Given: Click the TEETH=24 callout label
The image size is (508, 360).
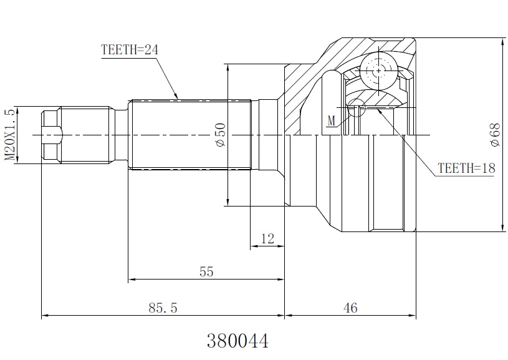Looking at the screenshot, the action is click(x=130, y=50).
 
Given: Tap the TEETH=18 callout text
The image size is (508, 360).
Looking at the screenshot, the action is click(x=466, y=168).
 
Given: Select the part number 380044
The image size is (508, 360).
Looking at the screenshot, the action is click(x=238, y=341).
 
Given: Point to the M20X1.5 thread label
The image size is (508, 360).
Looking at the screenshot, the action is click(x=10, y=135).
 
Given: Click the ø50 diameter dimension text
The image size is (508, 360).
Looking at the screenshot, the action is click(x=220, y=135).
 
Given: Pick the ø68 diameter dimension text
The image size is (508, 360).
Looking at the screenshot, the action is click(x=495, y=135).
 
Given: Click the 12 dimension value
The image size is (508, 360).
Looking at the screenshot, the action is click(x=267, y=239).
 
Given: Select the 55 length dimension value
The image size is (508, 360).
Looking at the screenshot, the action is click(x=206, y=272).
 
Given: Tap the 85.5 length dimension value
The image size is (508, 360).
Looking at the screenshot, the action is click(x=163, y=308).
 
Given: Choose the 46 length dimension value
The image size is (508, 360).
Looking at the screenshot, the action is click(x=350, y=308).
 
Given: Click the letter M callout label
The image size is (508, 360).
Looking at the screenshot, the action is click(x=331, y=121).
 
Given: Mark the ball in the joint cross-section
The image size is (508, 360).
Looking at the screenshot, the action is click(x=378, y=71).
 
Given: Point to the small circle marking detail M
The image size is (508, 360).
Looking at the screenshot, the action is click(x=356, y=107).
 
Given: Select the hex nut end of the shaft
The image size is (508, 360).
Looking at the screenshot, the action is click(x=52, y=135).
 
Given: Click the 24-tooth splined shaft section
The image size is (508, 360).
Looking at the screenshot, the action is click(x=190, y=135).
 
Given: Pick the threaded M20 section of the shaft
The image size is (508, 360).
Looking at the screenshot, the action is click(x=85, y=135).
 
